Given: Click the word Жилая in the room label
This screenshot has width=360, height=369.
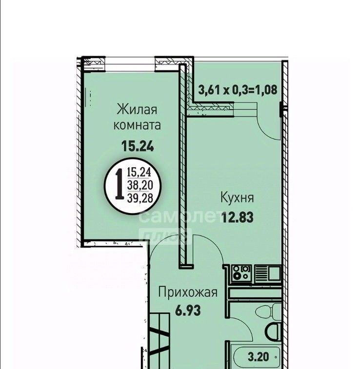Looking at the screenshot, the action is click(137, 110).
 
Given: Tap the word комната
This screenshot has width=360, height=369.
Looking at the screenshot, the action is click(137, 125).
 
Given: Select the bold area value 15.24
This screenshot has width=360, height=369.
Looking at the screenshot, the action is click(138, 146).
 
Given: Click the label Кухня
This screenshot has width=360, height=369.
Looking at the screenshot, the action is click(237, 198).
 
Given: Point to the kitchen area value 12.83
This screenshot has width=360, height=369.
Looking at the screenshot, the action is click(238, 217).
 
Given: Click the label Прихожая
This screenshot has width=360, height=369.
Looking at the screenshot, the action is click(188, 293).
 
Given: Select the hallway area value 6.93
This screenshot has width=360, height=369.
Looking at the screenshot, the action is click(188, 310).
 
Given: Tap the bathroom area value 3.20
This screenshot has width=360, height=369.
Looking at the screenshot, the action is click(258, 357).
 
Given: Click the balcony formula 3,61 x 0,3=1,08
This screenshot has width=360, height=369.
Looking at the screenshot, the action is click(238, 90).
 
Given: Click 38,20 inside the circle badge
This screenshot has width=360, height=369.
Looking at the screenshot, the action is click(140, 185).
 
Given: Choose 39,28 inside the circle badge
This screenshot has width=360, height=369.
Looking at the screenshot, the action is click(140, 198).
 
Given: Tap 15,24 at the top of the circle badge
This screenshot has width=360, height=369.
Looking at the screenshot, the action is click(139, 173).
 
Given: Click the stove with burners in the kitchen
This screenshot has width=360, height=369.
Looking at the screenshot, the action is click(241, 273).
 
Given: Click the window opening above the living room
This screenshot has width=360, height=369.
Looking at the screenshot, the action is click(130, 64).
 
